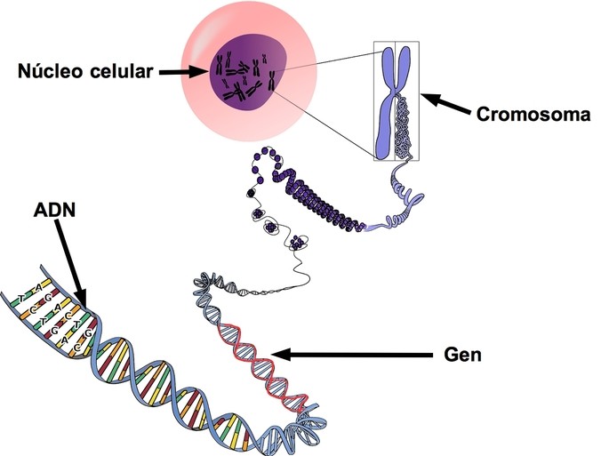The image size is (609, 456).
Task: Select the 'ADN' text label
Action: point(54,214)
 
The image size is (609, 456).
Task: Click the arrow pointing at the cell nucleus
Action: point(183,72)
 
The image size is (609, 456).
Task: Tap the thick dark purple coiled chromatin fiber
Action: point(311,191)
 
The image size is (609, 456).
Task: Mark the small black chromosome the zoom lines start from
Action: point(270,85)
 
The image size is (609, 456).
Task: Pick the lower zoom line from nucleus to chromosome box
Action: point(325,124)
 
